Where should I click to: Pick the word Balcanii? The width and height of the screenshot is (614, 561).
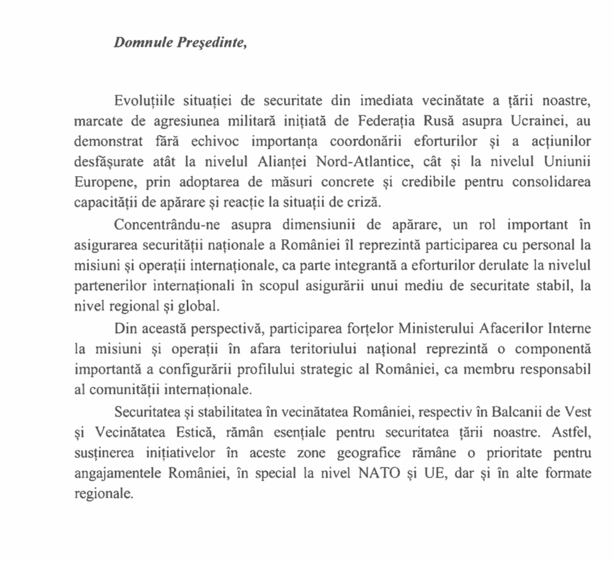[529, 411]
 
